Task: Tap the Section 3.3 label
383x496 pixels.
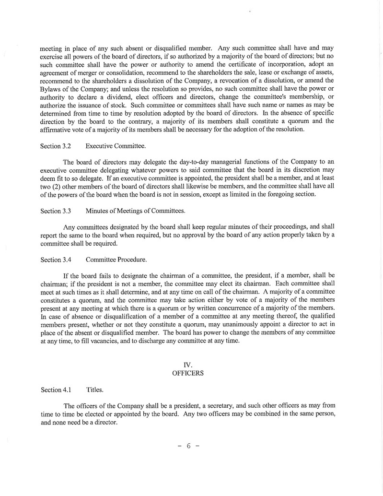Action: [56, 211]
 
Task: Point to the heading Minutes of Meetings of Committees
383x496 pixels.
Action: [135, 211]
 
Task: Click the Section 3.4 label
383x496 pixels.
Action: [56, 260]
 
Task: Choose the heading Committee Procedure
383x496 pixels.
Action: [116, 260]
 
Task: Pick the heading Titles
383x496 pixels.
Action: [94, 390]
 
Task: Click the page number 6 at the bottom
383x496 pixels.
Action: [188, 446]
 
